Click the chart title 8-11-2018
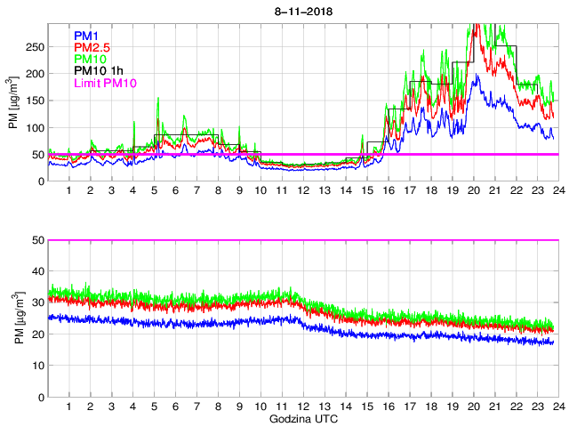pyautogui.click(x=301, y=9)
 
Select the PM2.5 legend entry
pyautogui.click(x=92, y=47)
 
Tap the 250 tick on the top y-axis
pyautogui.click(x=36, y=47)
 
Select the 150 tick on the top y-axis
pyautogui.click(x=36, y=101)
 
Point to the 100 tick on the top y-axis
pyautogui.click(x=36, y=127)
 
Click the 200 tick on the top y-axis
pyautogui.click(x=36, y=74)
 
